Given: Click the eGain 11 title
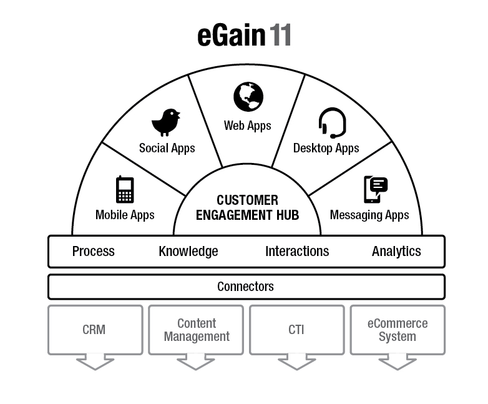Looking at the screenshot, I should coord(244,36).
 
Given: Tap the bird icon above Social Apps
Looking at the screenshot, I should coord(166,122).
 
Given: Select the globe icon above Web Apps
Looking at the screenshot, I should coord(248,97).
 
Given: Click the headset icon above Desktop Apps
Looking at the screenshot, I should coord(332,123).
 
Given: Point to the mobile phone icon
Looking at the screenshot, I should coord(125,190).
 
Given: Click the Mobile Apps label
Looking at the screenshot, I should coord(125,215).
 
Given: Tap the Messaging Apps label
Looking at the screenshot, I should coord(369,215).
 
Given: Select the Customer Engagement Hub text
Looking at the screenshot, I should coord(247,208).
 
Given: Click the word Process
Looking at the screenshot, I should coord(94,251).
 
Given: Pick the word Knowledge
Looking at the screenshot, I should coord(188,251).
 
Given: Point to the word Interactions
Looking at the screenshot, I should coord(297,251).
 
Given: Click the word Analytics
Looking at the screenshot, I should coord(396,251).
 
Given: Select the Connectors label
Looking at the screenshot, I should coord(245,287).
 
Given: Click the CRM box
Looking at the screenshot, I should coord(94,329).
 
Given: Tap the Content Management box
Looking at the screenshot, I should coord(197,330).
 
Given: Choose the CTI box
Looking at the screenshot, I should coord(296,329).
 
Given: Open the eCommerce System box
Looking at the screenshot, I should coord(398,330).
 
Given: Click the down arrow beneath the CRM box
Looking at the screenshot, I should coord(95,362).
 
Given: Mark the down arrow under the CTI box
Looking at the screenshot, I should coord(296,362).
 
